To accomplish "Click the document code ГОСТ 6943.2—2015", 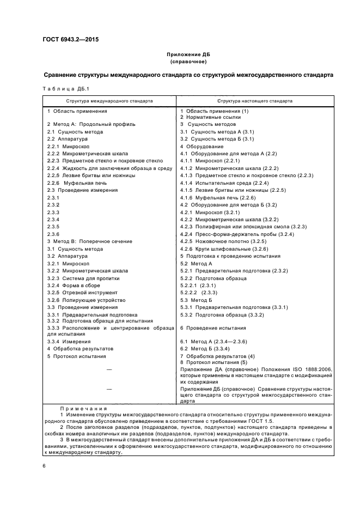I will pos(67,39).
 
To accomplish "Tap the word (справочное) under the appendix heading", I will pos(187,63).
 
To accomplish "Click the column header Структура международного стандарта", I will pos(109,101).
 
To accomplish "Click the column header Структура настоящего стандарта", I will pos(254,101).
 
